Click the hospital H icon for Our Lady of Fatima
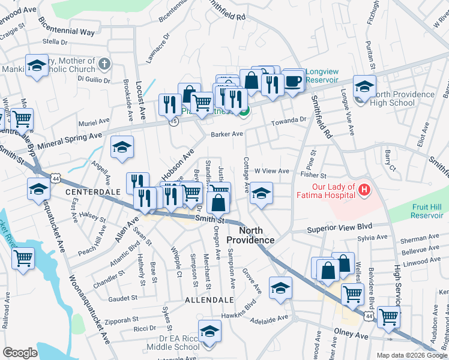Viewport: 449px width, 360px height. coord(363,191)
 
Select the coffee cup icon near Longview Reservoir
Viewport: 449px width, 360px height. coord(293,82)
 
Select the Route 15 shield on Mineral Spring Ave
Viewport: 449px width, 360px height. coord(174,121)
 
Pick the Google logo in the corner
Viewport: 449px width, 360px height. coord(20,353)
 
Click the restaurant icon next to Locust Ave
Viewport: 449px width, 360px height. coord(170,106)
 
